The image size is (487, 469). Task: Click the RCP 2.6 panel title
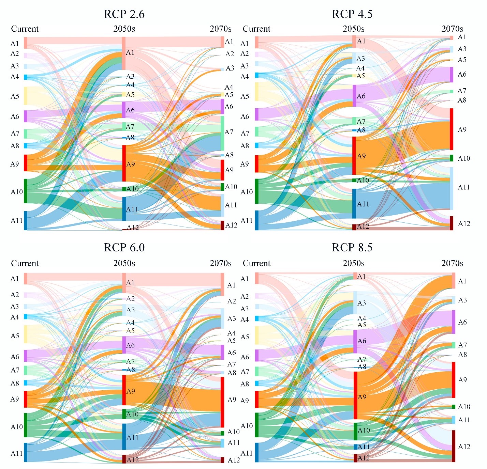coord(124,14)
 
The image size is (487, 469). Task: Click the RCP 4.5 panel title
coord(352,14)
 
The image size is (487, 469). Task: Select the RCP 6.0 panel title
coord(124,248)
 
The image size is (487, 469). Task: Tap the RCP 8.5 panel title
coord(352,248)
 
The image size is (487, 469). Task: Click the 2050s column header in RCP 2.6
coord(124,29)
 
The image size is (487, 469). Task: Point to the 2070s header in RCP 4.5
coord(452,29)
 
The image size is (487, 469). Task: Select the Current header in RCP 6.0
coord(25,264)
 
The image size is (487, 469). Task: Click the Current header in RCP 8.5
coord(256,264)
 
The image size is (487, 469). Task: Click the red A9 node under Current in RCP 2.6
coord(26,163)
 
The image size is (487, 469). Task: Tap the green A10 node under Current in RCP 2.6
coord(26,191)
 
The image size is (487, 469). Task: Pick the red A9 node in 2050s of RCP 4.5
coord(354,156)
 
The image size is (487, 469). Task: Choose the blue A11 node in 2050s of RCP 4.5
coord(354,203)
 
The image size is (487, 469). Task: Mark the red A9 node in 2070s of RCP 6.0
coord(222,402)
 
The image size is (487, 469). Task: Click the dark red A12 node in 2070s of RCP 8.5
coord(454,446)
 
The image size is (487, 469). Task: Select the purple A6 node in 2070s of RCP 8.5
coord(454,322)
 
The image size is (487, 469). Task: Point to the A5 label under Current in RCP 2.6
coord(15,96)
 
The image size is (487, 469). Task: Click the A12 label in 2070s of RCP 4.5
coord(464,224)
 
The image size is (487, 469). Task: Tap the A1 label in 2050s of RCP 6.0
coord(130,283)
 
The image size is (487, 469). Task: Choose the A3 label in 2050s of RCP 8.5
coord(361,303)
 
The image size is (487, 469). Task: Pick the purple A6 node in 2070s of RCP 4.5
coord(452,75)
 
